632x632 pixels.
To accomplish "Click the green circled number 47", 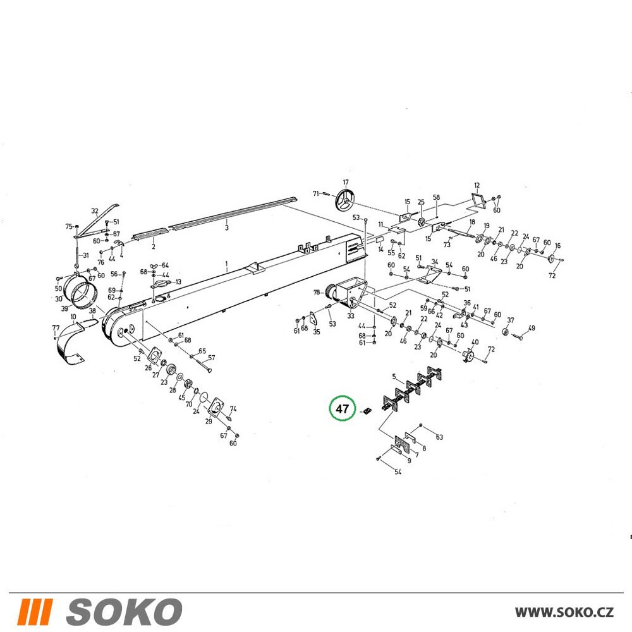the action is [342, 409].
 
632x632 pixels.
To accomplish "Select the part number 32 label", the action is [95, 211].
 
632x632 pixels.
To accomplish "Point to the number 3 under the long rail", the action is [226, 228].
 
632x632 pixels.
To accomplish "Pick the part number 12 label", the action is [477, 186].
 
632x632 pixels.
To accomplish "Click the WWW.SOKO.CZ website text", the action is [564, 612].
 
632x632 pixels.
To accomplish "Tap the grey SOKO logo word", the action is [124, 612].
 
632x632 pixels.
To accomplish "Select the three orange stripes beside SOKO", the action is [35, 612].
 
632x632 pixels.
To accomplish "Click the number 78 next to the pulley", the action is [317, 292].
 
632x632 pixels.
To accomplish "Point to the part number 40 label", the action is [475, 342].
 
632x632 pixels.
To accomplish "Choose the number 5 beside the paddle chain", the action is [394, 377].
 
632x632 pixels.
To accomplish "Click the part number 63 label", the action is [439, 437].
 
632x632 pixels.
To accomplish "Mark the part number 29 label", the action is [209, 421].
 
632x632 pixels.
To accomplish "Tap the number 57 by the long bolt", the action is [212, 358].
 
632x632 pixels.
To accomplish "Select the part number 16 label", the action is [557, 245].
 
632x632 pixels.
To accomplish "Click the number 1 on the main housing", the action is [226, 264].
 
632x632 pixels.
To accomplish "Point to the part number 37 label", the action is [510, 320].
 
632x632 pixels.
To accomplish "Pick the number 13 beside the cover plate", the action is [178, 282].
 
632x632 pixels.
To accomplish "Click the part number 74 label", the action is [233, 409].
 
